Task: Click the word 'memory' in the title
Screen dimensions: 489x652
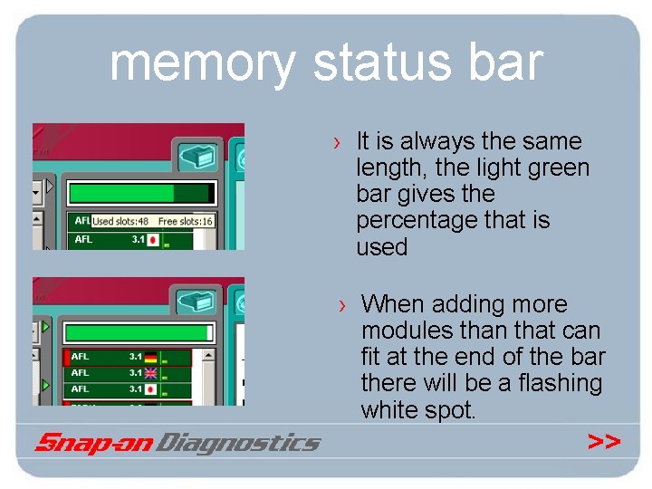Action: pos(203,63)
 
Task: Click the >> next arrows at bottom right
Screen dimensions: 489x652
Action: pos(604,441)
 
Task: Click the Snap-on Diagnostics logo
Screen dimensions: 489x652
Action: pos(177,443)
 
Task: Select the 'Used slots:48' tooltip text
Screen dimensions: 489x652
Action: pos(120,221)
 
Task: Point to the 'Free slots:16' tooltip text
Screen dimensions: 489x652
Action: pos(186,221)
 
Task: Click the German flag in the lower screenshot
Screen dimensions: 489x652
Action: pos(151,357)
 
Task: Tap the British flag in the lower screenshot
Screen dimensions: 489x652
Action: pos(151,373)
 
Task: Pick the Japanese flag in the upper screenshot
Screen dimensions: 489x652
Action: pos(153,240)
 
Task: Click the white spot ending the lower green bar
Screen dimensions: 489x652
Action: pos(212,332)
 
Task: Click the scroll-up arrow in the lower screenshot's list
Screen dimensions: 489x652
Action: pos(38,327)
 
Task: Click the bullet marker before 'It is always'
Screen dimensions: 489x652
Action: pos(337,142)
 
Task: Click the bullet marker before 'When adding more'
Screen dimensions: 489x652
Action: pos(342,305)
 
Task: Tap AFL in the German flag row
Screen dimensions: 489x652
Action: pos(81,357)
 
